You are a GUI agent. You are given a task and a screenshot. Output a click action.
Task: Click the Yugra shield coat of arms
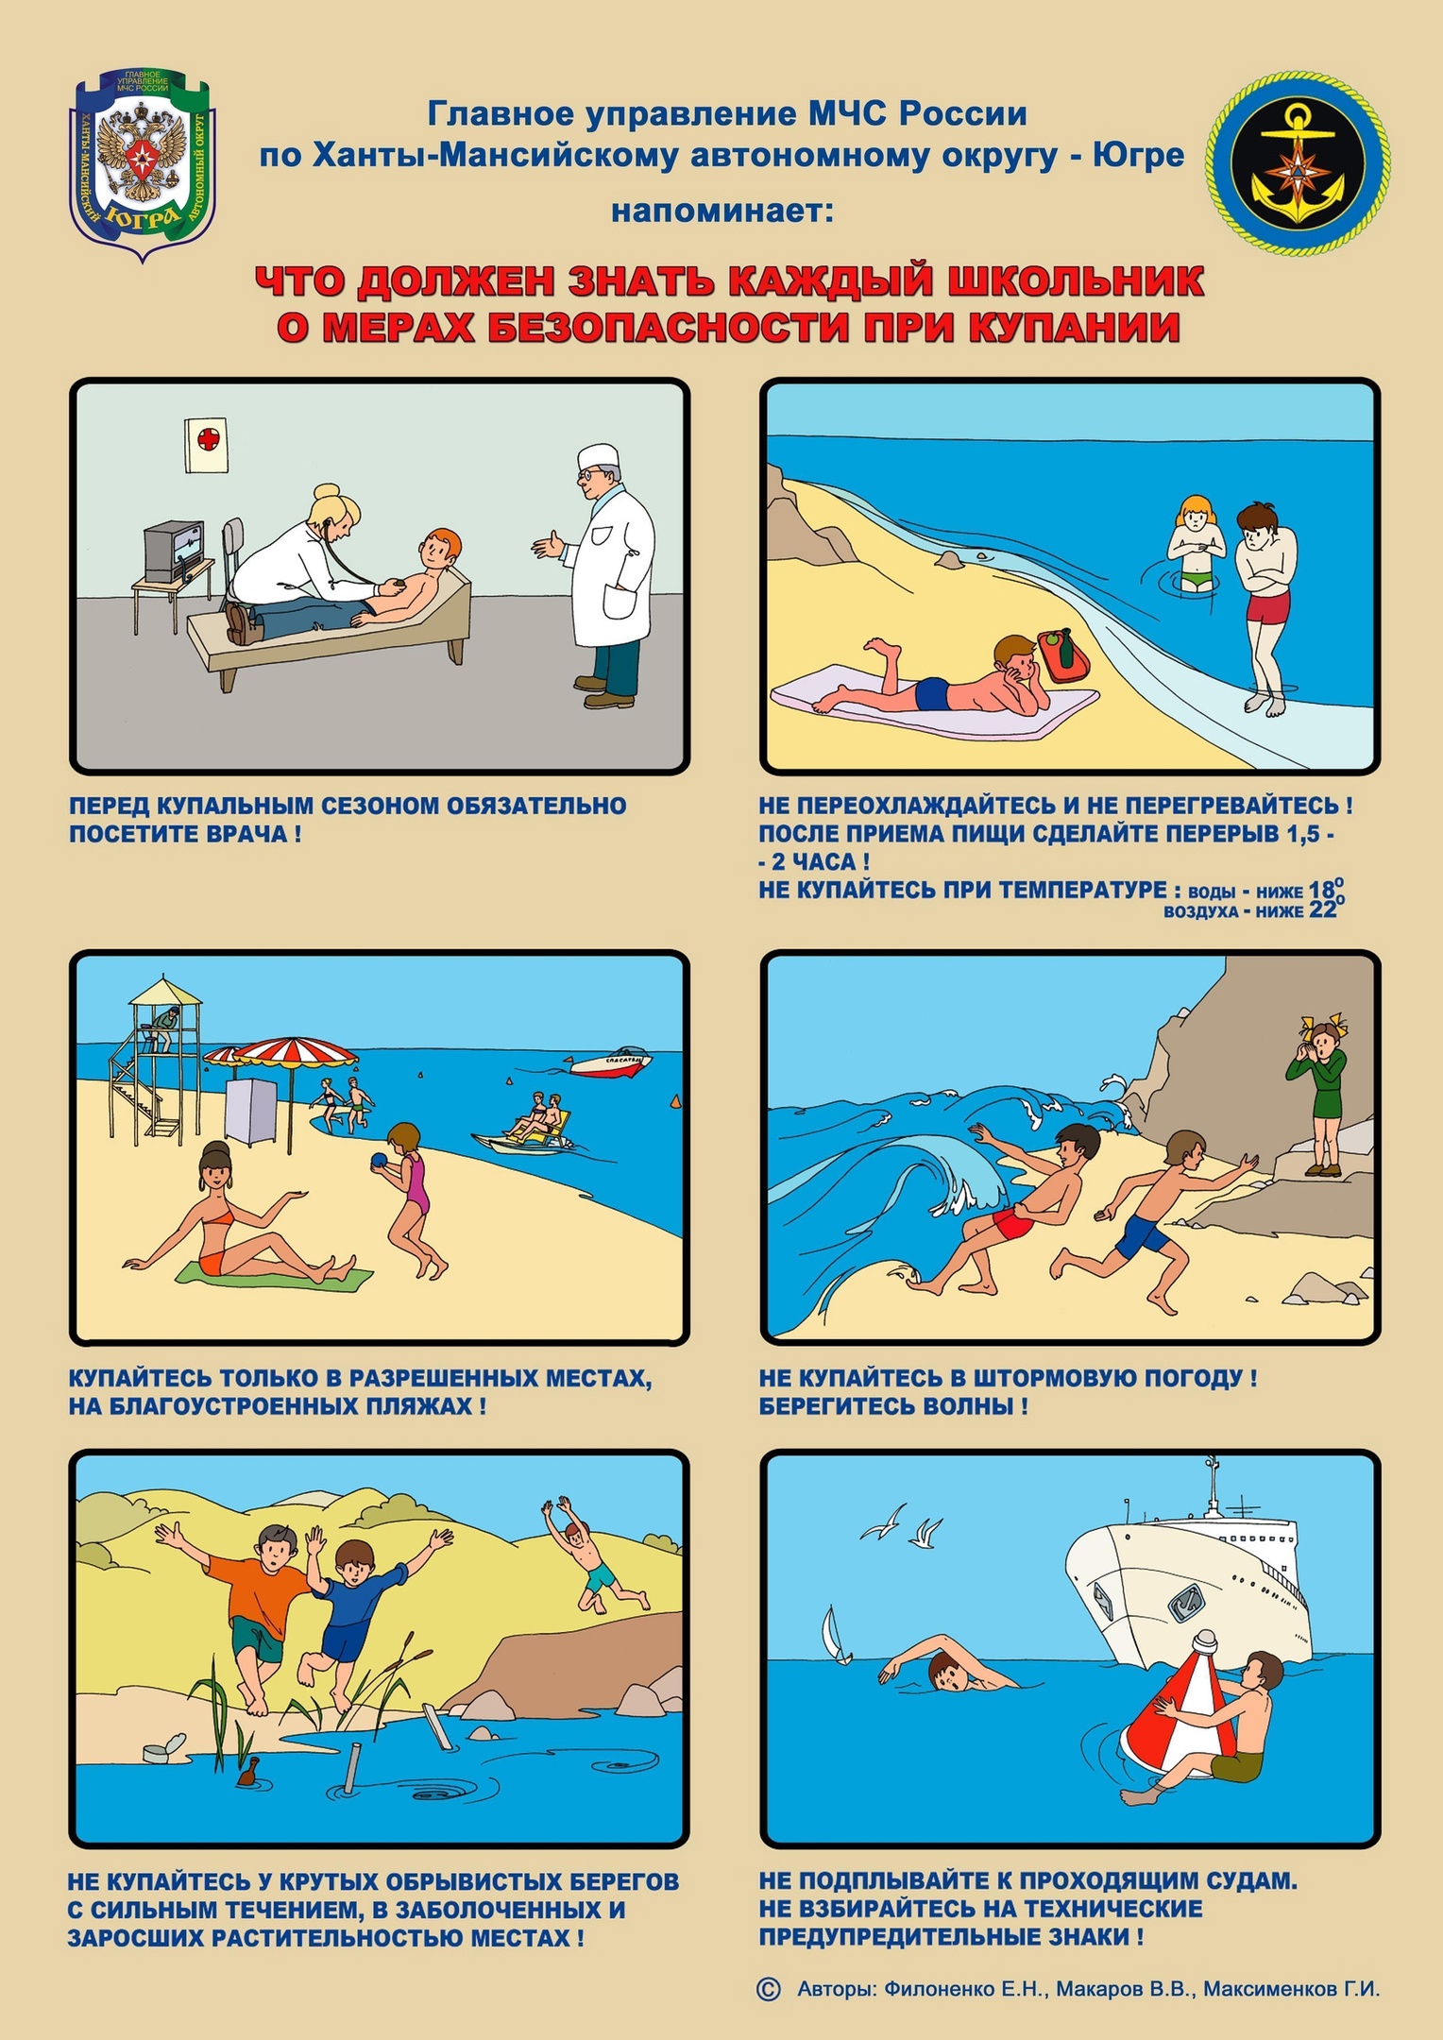pyautogui.click(x=143, y=165)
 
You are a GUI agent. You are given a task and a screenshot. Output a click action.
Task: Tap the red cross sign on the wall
pyautogui.click(x=207, y=446)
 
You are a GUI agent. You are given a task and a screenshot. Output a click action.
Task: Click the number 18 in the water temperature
pyautogui.click(x=1321, y=889)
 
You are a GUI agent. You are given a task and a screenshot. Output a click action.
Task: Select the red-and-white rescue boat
pyautogui.click(x=611, y=1063)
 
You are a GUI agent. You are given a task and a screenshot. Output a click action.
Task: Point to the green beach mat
pyautogui.click(x=274, y=1274)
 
